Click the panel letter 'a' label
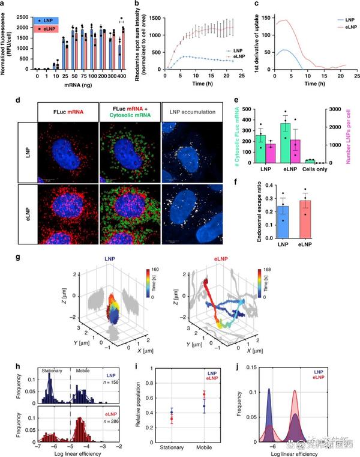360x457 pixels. [x=3, y=4]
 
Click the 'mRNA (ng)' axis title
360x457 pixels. [x=80, y=86]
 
